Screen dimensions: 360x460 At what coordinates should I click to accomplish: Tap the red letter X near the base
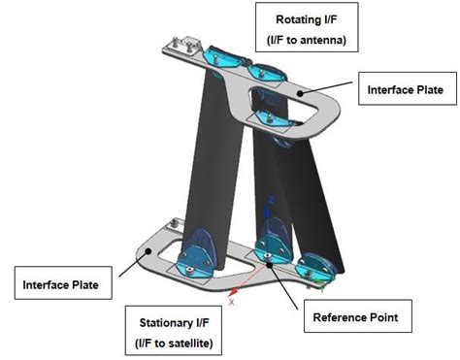tap(231, 301)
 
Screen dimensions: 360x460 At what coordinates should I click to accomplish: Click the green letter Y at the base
tap(321, 287)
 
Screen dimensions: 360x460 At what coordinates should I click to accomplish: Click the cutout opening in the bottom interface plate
tap(175, 260)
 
